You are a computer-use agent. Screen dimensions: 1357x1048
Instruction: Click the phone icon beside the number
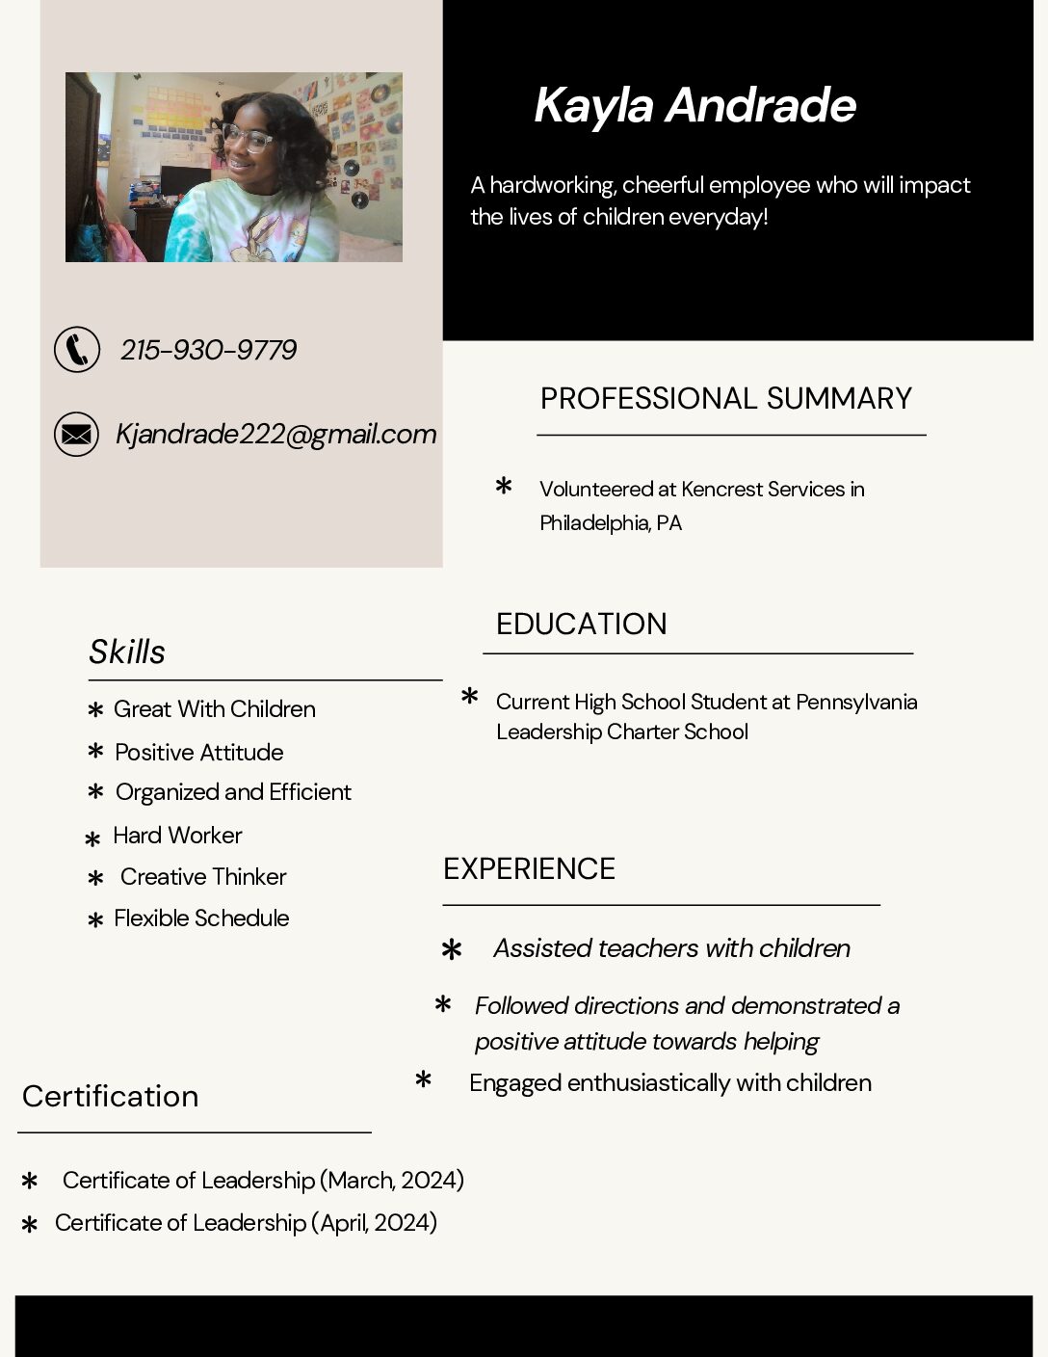pyautogui.click(x=77, y=349)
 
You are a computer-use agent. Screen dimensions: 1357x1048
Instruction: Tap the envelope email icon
pyautogui.click(x=76, y=434)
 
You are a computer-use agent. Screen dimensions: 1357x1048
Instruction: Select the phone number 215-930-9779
pyautogui.click(x=208, y=350)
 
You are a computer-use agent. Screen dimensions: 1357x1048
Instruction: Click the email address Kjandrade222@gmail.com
pyautogui.click(x=275, y=434)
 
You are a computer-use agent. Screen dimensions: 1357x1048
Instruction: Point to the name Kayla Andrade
pyautogui.click(x=694, y=105)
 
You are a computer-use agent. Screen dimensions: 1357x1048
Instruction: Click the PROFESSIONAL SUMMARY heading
pyautogui.click(x=725, y=398)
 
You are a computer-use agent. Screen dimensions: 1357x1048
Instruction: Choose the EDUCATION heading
pyautogui.click(x=581, y=624)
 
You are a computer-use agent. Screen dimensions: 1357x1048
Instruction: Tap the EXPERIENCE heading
pyautogui.click(x=529, y=868)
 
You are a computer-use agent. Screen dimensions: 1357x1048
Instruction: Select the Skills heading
pyautogui.click(x=127, y=652)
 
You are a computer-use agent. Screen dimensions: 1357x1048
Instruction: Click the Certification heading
pyautogui.click(x=110, y=1096)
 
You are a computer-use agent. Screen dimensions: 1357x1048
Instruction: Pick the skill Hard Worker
pyautogui.click(x=177, y=835)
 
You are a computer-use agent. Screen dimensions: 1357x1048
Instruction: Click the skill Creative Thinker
pyautogui.click(x=203, y=876)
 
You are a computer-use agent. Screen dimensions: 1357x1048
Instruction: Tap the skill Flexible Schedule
pyautogui.click(x=201, y=918)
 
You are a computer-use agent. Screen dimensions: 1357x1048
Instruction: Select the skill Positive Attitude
pyautogui.click(x=198, y=752)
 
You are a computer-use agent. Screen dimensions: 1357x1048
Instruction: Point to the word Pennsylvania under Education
pyautogui.click(x=856, y=702)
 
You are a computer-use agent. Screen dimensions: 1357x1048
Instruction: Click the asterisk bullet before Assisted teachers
pyautogui.click(x=451, y=950)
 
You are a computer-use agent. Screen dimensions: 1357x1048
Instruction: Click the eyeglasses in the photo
pyautogui.click(x=248, y=139)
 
